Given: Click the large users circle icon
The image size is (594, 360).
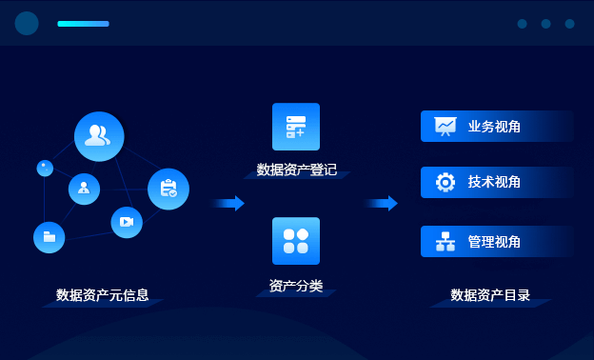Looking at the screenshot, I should point(99,136).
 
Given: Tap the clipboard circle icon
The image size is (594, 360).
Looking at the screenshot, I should point(168,189).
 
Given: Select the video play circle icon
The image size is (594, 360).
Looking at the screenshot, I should point(127,222).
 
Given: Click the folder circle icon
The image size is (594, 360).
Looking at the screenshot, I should point(49,236).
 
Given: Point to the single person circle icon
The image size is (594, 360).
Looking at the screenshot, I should point(84,189).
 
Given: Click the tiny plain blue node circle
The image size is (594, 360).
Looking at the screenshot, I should point(45,168).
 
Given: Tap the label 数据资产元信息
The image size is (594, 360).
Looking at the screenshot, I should point(102,295).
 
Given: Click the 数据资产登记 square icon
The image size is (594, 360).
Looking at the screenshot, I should point(296,127).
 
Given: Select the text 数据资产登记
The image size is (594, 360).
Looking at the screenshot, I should point(296,170).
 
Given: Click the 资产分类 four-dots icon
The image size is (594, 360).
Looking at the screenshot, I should point(296,241).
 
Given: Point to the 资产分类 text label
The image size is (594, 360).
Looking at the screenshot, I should point(296,286).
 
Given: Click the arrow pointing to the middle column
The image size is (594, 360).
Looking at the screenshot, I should point(228,203).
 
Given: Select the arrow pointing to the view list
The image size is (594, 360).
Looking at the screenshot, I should point(381,203).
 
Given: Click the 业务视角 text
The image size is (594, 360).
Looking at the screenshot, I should point(494,127).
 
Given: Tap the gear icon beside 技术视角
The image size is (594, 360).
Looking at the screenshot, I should point(445,183).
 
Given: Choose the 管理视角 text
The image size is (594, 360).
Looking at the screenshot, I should point(494,242).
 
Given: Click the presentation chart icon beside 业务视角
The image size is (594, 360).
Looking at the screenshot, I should point(445,126).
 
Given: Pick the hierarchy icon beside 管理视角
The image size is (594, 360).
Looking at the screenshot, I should point(445,242).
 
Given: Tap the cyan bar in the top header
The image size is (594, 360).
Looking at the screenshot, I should point(83,24).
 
